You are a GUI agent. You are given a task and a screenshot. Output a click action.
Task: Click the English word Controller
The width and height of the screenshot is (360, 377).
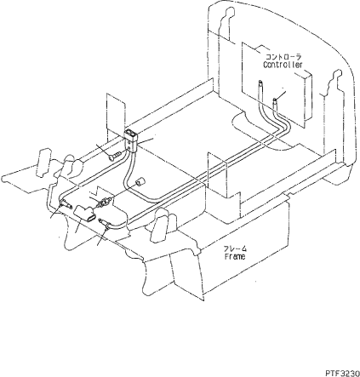tap(283, 65)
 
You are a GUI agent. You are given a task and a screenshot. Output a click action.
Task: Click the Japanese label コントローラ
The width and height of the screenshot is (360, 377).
tap(283, 57)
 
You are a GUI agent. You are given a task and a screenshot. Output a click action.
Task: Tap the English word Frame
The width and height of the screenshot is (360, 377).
tap(235, 256)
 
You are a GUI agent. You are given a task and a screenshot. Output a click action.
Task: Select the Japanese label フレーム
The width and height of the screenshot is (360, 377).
tap(235, 248)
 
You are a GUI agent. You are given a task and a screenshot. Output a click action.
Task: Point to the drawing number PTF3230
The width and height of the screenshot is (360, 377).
tap(342, 372)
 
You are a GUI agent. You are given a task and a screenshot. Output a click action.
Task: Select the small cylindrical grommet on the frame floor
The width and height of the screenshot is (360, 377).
tap(140, 182)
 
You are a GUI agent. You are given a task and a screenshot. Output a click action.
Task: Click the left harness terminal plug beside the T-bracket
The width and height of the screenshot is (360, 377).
tap(66, 203)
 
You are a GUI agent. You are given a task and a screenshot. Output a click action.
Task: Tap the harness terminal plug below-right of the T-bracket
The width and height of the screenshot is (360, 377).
tap(104, 222)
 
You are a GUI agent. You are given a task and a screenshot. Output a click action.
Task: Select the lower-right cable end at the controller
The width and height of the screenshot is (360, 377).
tap(275, 103)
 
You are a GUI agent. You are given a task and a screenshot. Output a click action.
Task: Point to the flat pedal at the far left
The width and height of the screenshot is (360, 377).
tap(44, 163)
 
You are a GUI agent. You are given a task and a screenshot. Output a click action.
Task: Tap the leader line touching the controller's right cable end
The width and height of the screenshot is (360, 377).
tap(281, 95)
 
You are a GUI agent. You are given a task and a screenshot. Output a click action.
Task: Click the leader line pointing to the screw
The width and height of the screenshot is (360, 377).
tap(104, 151)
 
